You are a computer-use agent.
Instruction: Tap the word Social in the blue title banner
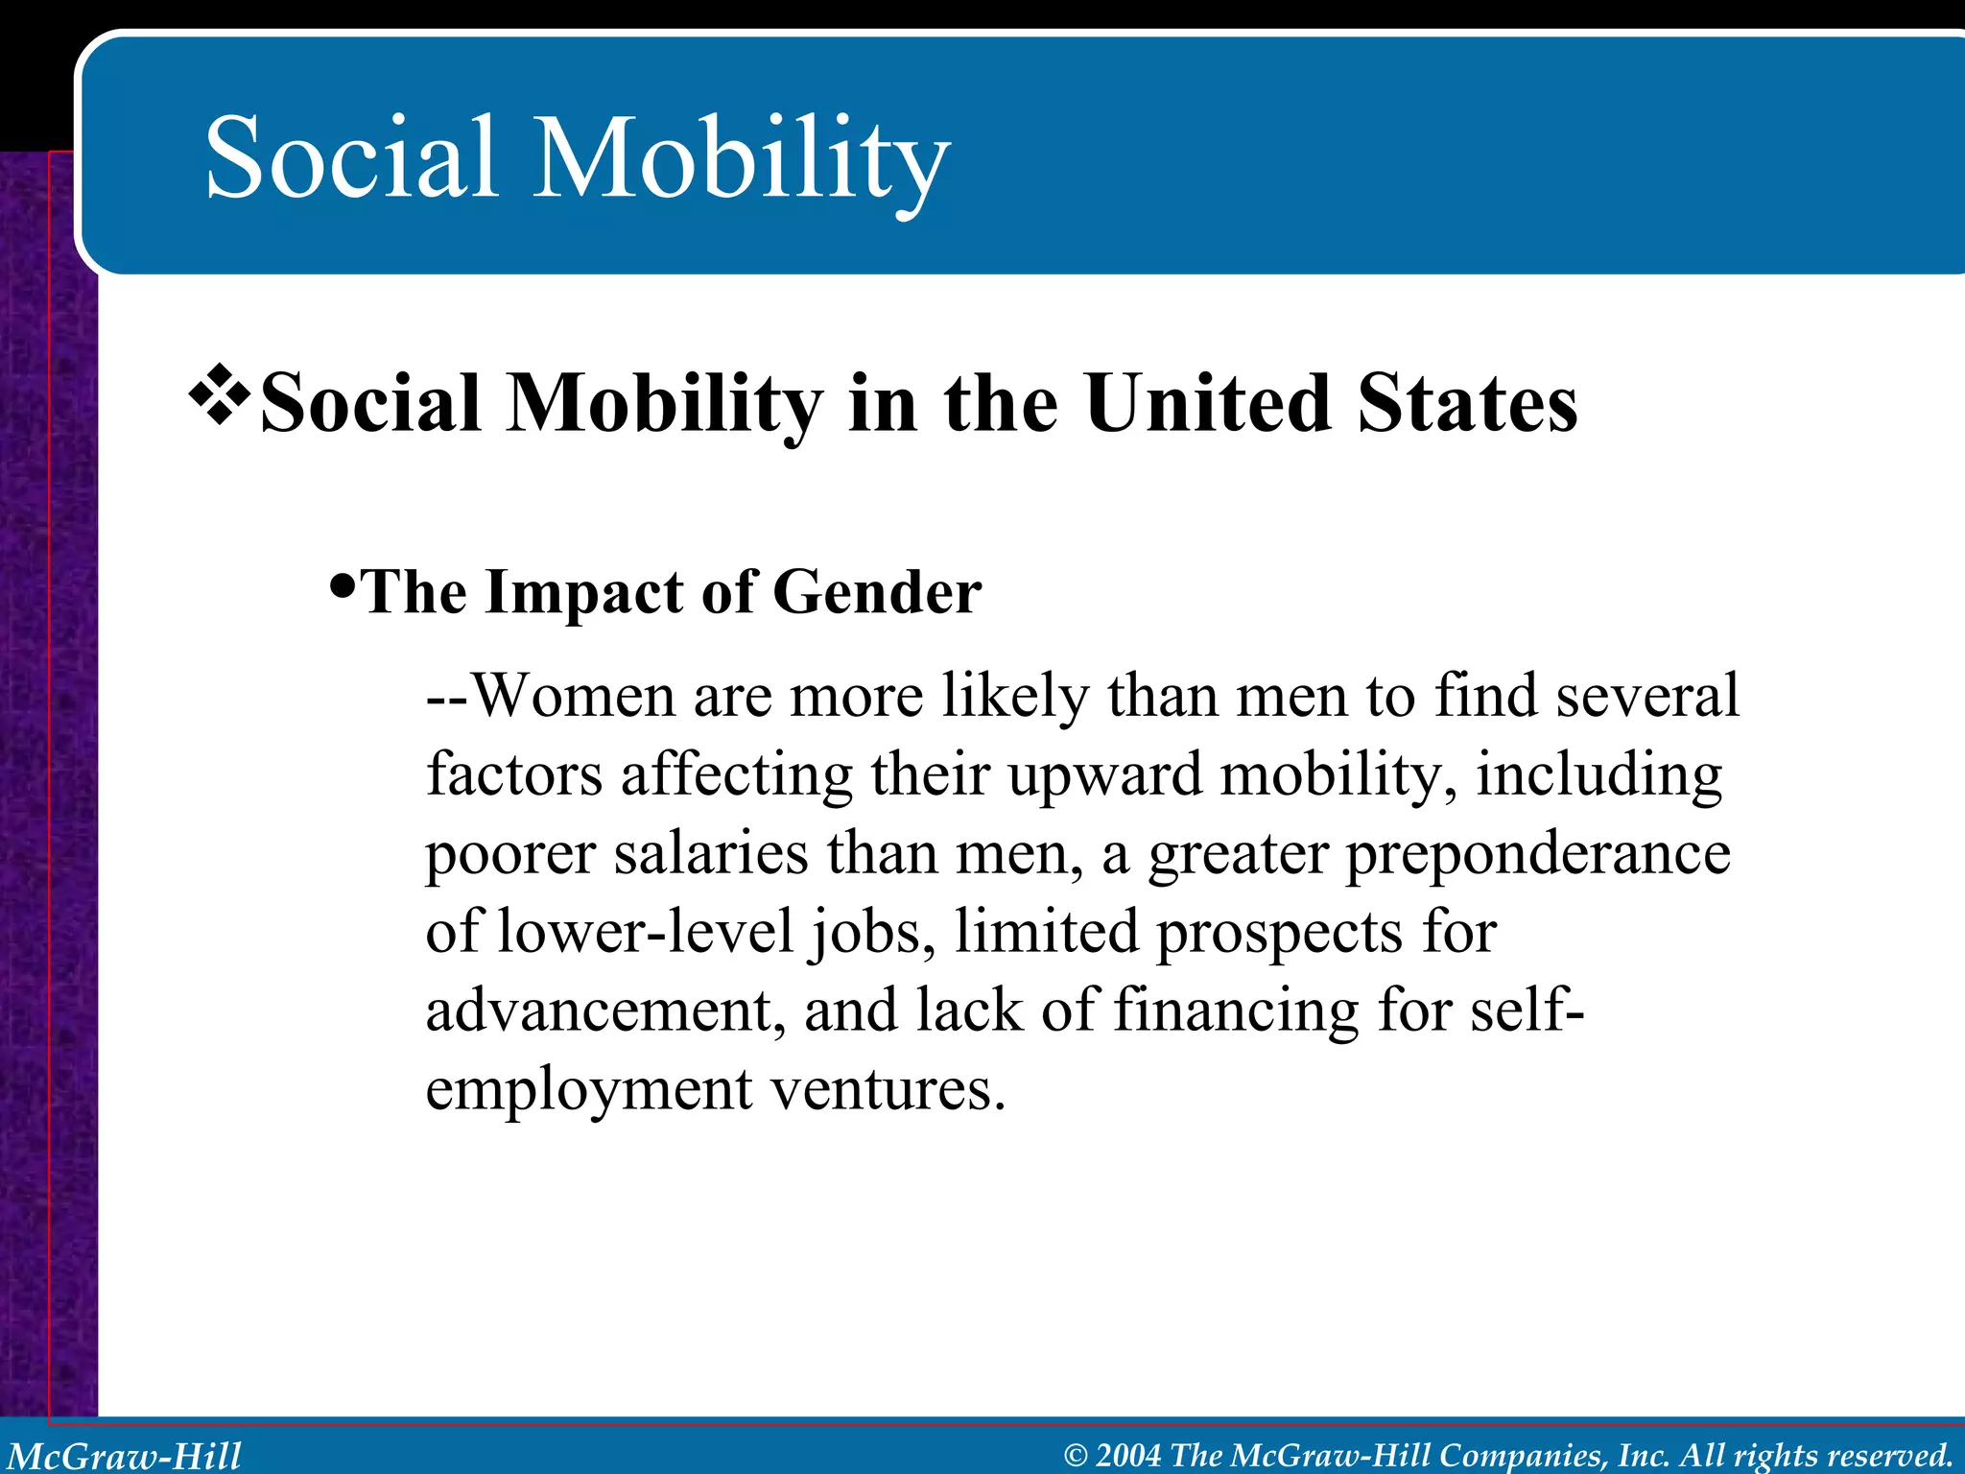[351, 158]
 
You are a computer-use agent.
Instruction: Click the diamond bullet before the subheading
[220, 394]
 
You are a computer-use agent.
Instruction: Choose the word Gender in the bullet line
[877, 592]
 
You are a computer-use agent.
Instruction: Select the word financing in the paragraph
[1236, 1011]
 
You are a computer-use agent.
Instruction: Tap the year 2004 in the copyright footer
[1128, 1455]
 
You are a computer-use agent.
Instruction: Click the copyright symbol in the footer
[1076, 1456]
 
